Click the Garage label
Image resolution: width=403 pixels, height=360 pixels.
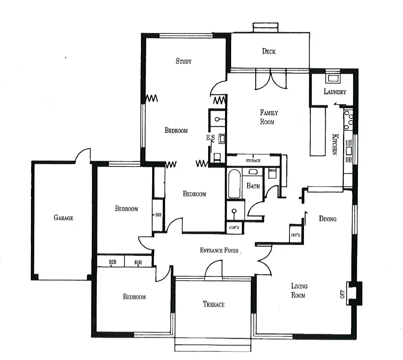64,218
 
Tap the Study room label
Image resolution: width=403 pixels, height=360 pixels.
184,62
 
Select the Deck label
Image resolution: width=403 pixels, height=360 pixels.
269,51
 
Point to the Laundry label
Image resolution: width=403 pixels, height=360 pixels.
335,92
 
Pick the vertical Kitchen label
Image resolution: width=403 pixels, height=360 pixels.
334,144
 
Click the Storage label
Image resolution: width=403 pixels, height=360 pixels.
253,161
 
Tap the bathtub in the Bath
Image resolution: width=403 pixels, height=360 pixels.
234,184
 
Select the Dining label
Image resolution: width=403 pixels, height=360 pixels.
327,219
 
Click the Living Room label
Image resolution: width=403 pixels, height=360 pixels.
299,290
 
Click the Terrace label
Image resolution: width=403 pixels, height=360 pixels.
213,304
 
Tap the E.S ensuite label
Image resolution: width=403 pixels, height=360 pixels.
210,138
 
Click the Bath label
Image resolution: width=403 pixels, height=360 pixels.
253,186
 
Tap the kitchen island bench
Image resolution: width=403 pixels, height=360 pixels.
318,131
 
